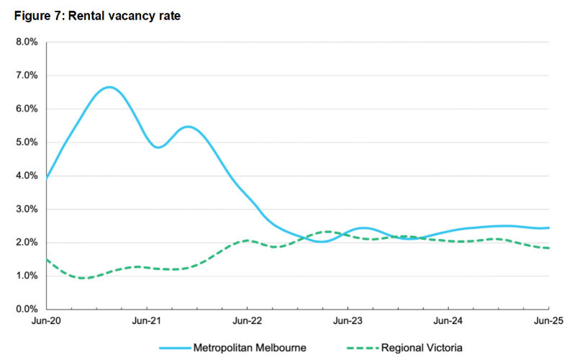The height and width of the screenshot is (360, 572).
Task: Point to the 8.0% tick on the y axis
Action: (x=26, y=42)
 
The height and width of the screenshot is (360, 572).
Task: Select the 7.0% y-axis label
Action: (x=26, y=76)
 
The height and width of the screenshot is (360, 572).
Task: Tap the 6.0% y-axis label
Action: (x=26, y=109)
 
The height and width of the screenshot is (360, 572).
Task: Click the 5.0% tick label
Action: (x=26, y=142)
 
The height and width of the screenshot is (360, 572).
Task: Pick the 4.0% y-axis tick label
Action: (x=26, y=176)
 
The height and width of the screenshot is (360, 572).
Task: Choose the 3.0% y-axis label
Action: (x=26, y=209)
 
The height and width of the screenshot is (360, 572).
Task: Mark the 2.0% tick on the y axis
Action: (x=26, y=243)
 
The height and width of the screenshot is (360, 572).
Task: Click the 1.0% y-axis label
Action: (x=26, y=276)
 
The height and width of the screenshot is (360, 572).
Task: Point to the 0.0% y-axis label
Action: (x=26, y=310)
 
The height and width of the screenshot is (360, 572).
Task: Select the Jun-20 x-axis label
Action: (x=46, y=322)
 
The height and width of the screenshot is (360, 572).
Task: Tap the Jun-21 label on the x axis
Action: (x=147, y=322)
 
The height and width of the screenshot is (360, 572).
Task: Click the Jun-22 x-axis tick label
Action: (x=247, y=322)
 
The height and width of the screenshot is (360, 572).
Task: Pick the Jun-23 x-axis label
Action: (x=348, y=322)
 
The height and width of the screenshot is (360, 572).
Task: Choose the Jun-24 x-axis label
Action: (x=448, y=322)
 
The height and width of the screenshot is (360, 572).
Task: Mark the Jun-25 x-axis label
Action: (x=548, y=322)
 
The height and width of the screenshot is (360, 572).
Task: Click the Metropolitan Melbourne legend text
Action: (x=250, y=348)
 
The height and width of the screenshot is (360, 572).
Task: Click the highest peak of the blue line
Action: (x=109, y=87)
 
